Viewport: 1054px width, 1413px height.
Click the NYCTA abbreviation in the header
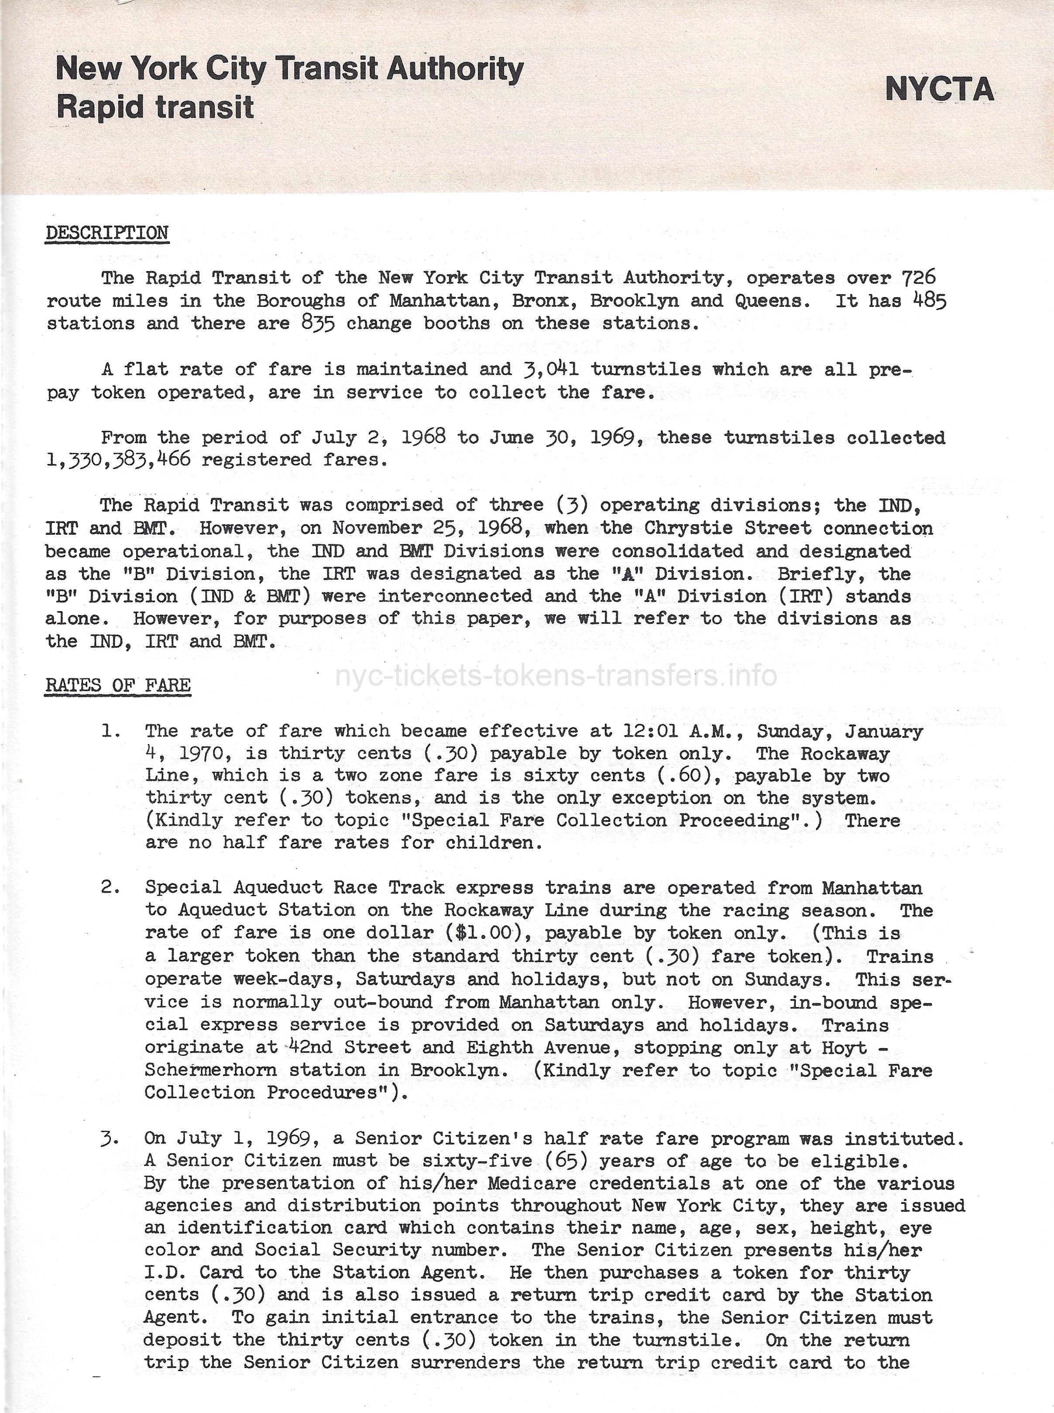(939, 89)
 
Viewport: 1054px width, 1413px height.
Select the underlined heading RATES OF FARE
(118, 685)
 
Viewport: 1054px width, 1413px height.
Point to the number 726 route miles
(919, 278)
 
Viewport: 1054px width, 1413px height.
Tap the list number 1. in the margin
(111, 731)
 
